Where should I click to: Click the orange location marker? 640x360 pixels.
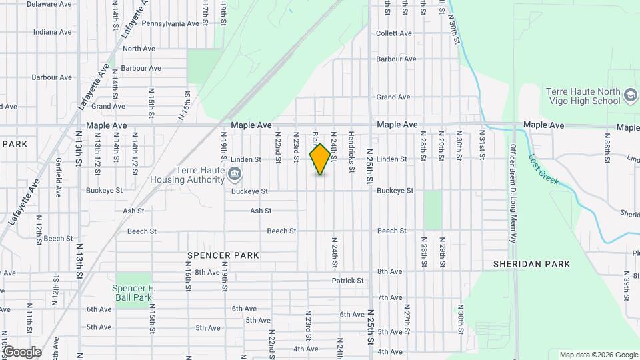320,159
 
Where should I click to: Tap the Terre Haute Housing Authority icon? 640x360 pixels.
234,175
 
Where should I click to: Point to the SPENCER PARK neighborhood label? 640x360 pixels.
223,255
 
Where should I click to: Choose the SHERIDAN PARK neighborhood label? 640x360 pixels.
531,264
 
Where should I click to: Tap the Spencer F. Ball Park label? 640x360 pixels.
132,293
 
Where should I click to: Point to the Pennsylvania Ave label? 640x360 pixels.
171,23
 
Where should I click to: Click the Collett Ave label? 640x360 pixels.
394,33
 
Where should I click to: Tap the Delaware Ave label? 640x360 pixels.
49,3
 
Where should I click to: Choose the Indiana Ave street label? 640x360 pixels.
52,32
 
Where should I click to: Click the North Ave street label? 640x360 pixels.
139,49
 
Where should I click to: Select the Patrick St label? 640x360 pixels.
348,281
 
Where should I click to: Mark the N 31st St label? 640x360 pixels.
481,147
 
